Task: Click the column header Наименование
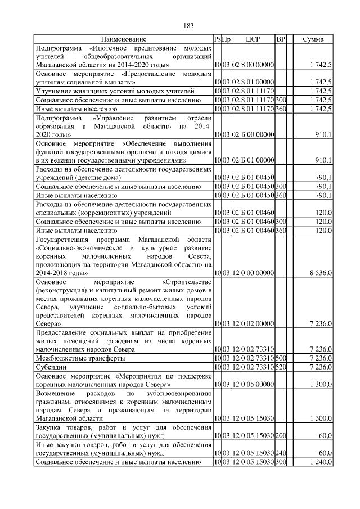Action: pos(124,39)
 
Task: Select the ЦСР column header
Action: pos(253,39)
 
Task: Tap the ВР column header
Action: pos(281,39)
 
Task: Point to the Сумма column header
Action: pos(313,39)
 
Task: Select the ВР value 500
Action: pos(282,358)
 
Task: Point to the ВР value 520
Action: pos(282,367)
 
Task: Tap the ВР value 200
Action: pos(282,435)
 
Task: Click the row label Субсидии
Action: pos(51,367)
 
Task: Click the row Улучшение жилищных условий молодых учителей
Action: pos(115,91)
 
